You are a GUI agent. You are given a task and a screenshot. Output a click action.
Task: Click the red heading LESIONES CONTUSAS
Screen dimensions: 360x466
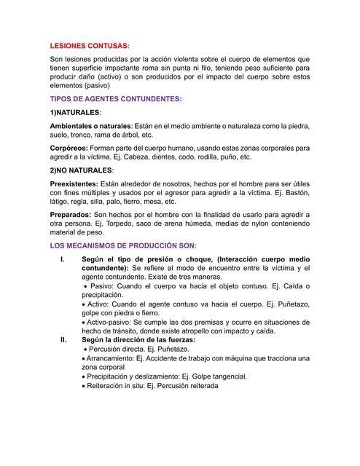[89, 45]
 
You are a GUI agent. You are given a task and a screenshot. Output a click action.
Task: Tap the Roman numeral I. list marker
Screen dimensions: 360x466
[63, 260]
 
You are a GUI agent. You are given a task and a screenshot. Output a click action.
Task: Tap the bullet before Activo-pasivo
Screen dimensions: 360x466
[85, 320]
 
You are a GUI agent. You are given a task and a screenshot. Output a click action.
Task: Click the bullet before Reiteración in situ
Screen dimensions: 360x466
[85, 387]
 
